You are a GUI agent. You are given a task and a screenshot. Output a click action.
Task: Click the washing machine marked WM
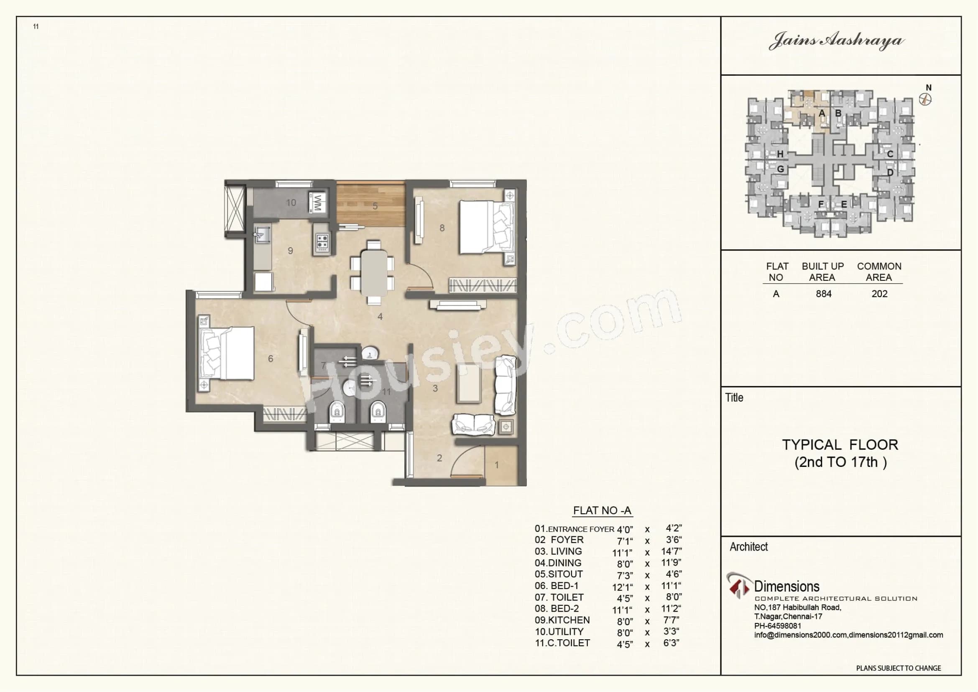pyautogui.click(x=320, y=203)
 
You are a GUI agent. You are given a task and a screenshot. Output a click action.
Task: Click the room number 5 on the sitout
pyautogui.click(x=375, y=206)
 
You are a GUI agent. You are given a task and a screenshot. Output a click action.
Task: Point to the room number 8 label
pyautogui.click(x=442, y=228)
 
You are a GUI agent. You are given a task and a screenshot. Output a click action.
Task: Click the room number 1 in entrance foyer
pyautogui.click(x=497, y=465)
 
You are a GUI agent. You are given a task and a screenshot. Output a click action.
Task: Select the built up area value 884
pyautogui.click(x=823, y=294)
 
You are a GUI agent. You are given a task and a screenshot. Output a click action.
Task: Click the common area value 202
pyautogui.click(x=879, y=294)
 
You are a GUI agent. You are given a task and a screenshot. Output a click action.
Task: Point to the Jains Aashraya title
pyautogui.click(x=837, y=41)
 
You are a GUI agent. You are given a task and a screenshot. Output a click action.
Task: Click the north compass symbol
pyautogui.click(x=926, y=99)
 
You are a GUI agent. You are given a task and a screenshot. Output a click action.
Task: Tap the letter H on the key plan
pyautogui.click(x=780, y=154)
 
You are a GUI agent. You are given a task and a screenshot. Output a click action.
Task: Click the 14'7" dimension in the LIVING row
pyautogui.click(x=672, y=551)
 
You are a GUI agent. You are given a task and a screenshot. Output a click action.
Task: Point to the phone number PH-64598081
pyautogui.click(x=777, y=626)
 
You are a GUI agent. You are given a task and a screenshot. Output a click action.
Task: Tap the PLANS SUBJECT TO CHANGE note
pyautogui.click(x=898, y=668)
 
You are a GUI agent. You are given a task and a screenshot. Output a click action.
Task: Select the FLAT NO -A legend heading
pyautogui.click(x=602, y=510)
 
